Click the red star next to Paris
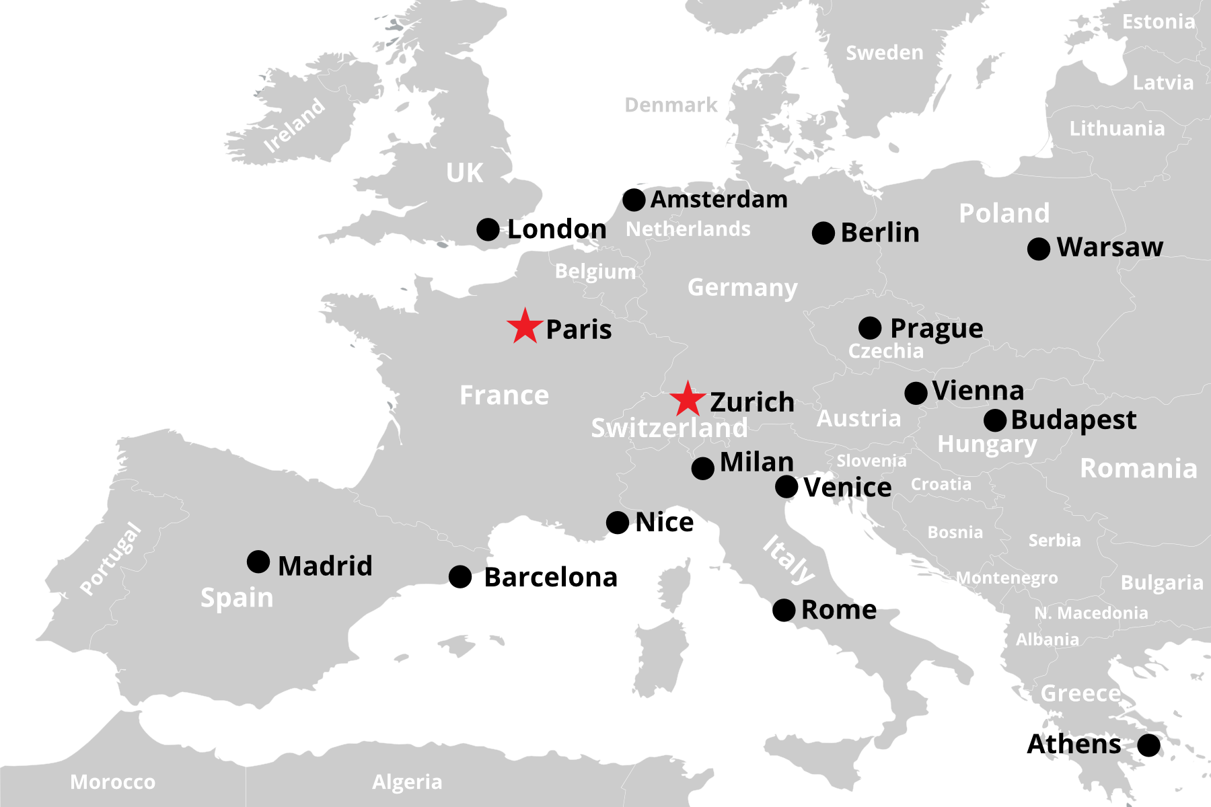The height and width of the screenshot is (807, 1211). [x=525, y=328]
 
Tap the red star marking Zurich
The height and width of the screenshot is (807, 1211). [x=688, y=400]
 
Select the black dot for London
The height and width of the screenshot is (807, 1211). [x=488, y=229]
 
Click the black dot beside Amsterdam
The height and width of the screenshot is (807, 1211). [x=634, y=200]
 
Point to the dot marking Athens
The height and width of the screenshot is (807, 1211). [x=1148, y=745]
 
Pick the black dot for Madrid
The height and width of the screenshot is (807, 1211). [x=258, y=562]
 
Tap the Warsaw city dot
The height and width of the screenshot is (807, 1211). [x=1039, y=249]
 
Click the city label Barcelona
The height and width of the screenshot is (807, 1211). [x=550, y=577]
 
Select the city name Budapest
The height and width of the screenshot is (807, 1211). [x=1073, y=420]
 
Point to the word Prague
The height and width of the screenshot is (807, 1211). [x=936, y=329]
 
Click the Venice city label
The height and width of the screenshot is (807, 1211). [x=847, y=488]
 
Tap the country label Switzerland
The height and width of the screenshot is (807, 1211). [x=669, y=428]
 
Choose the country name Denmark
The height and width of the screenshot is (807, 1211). [x=671, y=105]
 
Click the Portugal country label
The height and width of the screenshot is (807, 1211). [x=111, y=558]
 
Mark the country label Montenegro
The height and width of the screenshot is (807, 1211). [x=1006, y=578]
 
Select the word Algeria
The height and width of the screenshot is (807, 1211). [x=407, y=782]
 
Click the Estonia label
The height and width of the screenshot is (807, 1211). [x=1158, y=22]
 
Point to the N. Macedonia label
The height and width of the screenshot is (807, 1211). [x=1091, y=613]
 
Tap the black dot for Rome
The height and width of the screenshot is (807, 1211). [x=784, y=610]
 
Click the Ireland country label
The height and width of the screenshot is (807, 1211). [x=294, y=126]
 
